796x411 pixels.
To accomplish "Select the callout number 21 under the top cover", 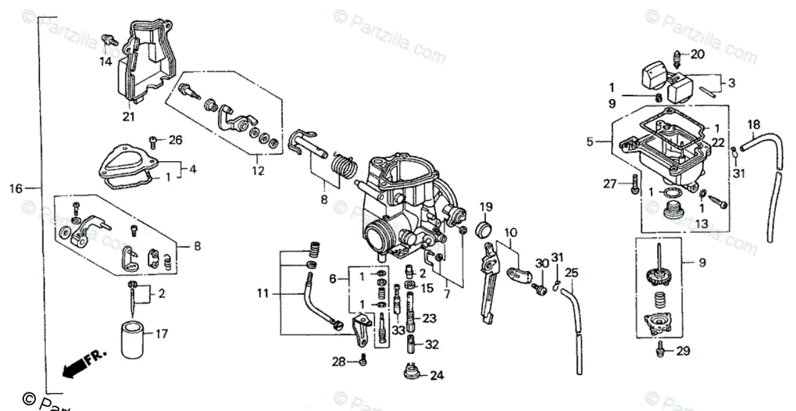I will tap(128, 117).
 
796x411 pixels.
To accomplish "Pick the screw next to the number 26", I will tap(153, 140).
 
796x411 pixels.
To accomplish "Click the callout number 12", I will tap(257, 171).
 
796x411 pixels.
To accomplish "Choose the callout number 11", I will tap(264, 292).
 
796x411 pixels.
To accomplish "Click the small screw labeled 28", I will tap(363, 362).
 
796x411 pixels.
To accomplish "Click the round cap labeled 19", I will tap(485, 230).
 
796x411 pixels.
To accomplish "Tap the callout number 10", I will tap(509, 233).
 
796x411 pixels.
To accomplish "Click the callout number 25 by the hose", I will tap(572, 272).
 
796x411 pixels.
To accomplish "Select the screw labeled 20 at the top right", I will tap(678, 56).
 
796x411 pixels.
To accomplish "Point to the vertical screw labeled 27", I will tap(635, 184).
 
